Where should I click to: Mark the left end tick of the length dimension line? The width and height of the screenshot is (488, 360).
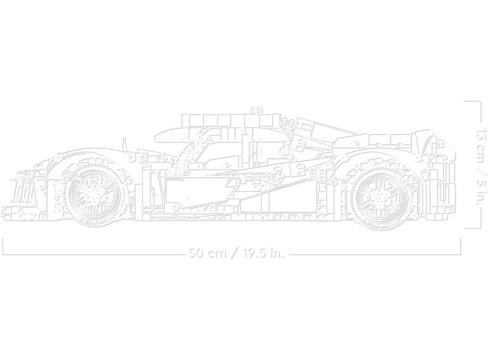[x=3, y=246]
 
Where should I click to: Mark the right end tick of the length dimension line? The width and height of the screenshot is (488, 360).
[x=461, y=246]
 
